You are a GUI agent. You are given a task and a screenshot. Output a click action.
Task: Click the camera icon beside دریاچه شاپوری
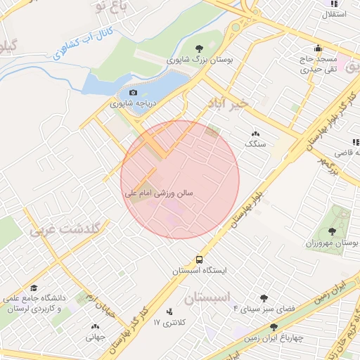point(134,92)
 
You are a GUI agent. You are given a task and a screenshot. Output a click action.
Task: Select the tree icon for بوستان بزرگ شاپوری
point(200,49)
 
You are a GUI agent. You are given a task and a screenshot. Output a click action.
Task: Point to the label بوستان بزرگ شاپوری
point(200,61)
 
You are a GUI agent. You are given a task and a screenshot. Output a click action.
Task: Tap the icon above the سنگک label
point(255,133)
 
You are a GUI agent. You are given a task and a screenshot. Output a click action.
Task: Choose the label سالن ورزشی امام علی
point(160,191)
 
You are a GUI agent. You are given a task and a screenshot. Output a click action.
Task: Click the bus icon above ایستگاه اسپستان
point(200,259)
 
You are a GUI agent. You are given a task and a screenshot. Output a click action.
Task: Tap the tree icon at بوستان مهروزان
point(332,231)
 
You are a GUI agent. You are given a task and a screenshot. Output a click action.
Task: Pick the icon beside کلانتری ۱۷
point(169,311)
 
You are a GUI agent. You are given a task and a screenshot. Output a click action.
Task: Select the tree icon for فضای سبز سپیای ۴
point(264,298)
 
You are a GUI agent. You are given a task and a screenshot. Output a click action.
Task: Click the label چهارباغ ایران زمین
point(274,338)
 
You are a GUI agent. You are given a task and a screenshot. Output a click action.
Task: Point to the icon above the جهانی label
point(96,326)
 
